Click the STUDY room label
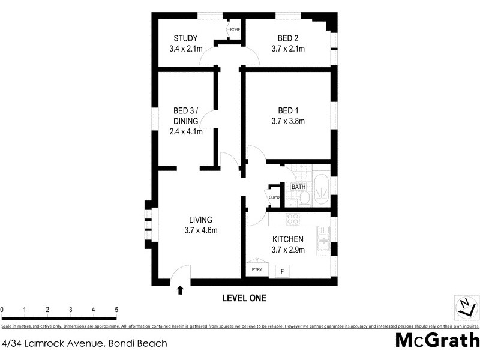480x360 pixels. point(185,38)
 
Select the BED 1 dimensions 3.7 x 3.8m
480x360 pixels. point(289,121)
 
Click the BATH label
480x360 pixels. point(298,187)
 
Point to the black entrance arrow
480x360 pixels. point(180,291)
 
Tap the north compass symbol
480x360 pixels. point(465,307)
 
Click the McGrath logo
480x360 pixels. point(437,340)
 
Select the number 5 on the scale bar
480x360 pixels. point(116,310)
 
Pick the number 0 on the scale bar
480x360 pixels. point(2,310)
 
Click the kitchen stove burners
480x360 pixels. point(293,218)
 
